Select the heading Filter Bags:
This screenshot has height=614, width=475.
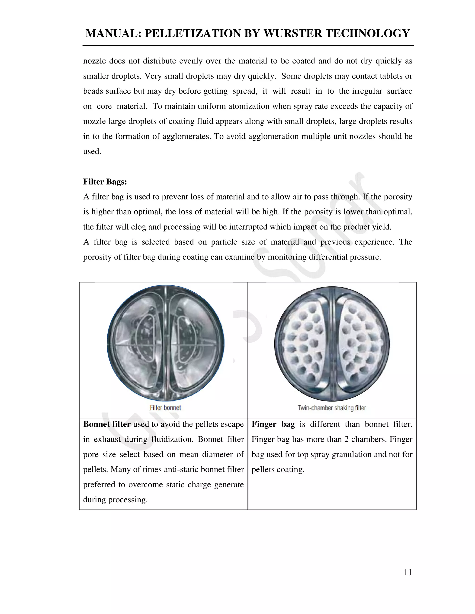pos(105,182)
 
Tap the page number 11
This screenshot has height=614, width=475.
pos(408,572)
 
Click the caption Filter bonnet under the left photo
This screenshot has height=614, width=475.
pos(165,407)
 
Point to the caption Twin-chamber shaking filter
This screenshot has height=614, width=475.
pos(332,408)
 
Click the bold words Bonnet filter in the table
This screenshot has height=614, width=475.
pos(107,424)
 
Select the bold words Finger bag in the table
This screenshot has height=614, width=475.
pos(273,424)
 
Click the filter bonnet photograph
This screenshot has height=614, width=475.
pos(165,343)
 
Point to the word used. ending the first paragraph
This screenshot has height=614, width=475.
pos(92,152)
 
